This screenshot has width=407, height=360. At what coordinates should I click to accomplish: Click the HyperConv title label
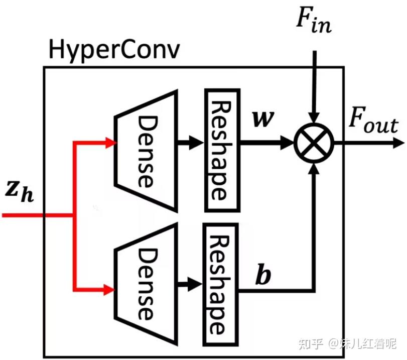pyautogui.click(x=113, y=50)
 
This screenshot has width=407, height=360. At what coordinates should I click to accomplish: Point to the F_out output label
pyautogui.click(x=373, y=125)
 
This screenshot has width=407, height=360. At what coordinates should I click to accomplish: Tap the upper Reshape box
pyautogui.click(x=221, y=150)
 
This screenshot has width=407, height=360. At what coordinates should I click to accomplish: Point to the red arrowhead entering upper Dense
pyautogui.click(x=111, y=143)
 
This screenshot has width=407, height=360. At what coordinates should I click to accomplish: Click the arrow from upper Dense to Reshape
pyautogui.click(x=191, y=143)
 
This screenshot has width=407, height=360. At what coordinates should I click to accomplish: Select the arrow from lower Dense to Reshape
pyautogui.click(x=191, y=284)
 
